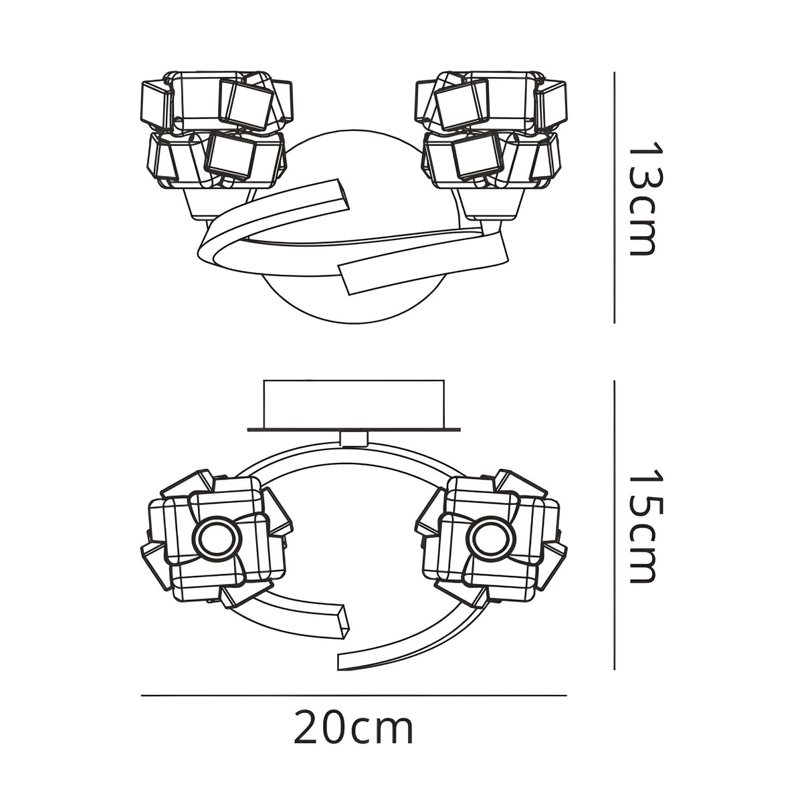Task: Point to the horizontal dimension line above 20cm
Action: [x=354, y=696]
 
